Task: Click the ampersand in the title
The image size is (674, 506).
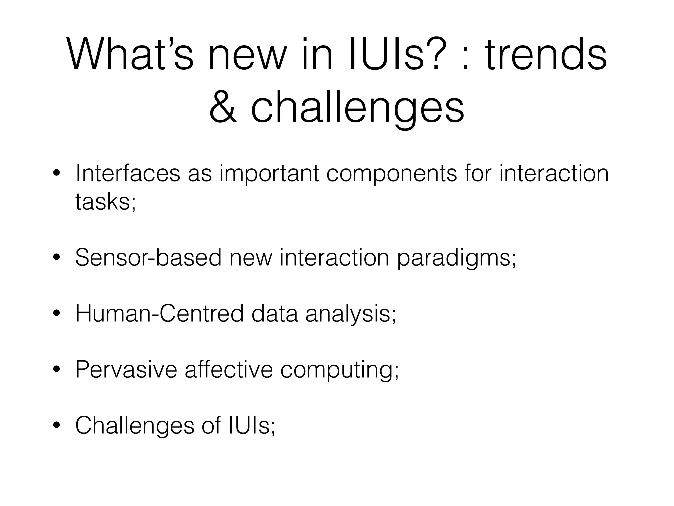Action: point(223,108)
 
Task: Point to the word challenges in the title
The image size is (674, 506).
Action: point(357,108)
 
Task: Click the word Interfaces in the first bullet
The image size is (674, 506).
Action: point(128,174)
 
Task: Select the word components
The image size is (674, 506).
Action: point(392,174)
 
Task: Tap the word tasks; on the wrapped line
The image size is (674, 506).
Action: point(105,201)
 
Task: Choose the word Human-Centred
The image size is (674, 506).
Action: point(159,313)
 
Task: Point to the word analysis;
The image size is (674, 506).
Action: point(350,313)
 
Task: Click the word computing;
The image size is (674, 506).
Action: point(339,369)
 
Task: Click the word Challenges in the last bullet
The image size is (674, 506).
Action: point(135,425)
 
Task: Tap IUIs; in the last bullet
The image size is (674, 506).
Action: point(251,425)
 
